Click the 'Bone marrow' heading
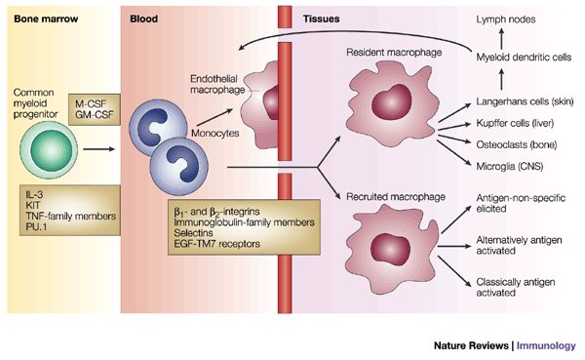click(x=46, y=20)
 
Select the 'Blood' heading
click(x=143, y=20)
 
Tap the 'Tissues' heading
click(x=321, y=20)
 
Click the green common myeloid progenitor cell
click(x=49, y=149)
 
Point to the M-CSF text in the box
click(x=91, y=104)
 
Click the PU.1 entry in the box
click(x=36, y=226)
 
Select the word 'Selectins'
click(x=193, y=233)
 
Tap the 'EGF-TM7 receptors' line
click(x=216, y=244)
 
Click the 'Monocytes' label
click(x=215, y=134)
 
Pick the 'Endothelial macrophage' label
click(x=217, y=85)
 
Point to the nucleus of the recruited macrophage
click(x=391, y=250)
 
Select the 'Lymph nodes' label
click(x=505, y=20)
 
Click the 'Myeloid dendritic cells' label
click(x=524, y=58)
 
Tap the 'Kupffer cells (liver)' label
click(x=515, y=123)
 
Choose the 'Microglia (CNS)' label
click(x=509, y=166)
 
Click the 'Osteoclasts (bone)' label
click(x=517, y=144)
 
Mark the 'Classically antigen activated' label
click(x=515, y=287)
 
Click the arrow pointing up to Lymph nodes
click(x=501, y=39)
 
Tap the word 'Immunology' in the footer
click(x=546, y=345)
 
